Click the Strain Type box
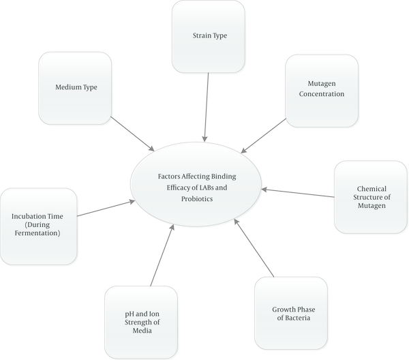click(209, 37)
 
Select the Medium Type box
click(75, 88)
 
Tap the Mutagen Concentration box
click(322, 91)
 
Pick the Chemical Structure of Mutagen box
click(371, 197)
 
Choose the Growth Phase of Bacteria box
click(291, 313)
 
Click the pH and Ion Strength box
click(141, 322)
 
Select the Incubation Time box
click(39, 226)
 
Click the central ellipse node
click(196, 184)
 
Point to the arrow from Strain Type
click(207, 107)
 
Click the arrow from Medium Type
click(133, 134)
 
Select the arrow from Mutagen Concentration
click(263, 136)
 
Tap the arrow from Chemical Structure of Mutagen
click(298, 193)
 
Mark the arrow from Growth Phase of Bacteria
click(254, 247)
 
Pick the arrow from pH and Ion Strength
click(162, 255)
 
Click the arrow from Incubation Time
click(106, 209)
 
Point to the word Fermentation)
click(37, 233)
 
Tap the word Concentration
click(322, 94)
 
